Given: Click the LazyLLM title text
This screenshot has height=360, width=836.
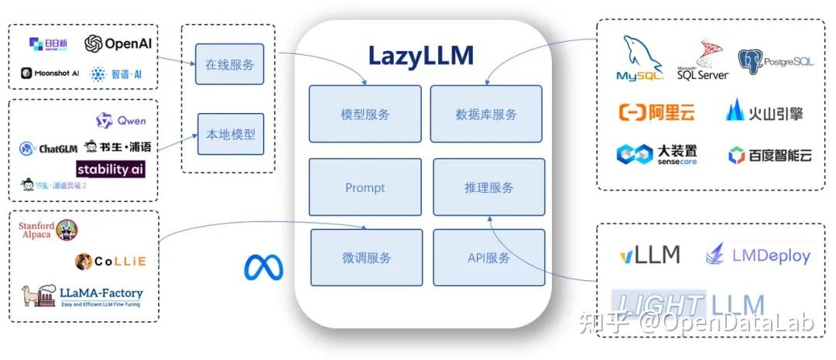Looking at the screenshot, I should (x=420, y=57).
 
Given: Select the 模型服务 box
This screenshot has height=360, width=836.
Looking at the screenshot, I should (x=365, y=114).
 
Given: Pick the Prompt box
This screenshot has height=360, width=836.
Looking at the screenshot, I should (x=365, y=187).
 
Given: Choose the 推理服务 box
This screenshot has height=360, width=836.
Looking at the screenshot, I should (x=488, y=187).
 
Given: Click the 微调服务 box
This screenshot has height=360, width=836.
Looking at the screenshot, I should (x=366, y=257).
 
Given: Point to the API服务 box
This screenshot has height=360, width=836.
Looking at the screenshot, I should (x=488, y=257).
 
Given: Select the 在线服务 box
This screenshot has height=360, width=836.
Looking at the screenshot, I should (x=229, y=64).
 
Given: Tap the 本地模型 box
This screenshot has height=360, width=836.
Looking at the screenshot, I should (x=229, y=134).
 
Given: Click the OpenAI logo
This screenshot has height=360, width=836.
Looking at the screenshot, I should (x=118, y=43).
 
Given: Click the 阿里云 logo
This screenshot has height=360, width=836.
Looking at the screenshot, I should (x=656, y=112).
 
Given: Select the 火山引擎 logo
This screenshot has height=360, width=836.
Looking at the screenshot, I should (x=764, y=112).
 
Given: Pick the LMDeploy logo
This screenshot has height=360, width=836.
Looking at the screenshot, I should (x=758, y=255).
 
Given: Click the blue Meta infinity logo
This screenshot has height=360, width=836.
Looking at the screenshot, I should (x=264, y=267).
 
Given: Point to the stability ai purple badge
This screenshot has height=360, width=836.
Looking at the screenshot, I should (x=110, y=168).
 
